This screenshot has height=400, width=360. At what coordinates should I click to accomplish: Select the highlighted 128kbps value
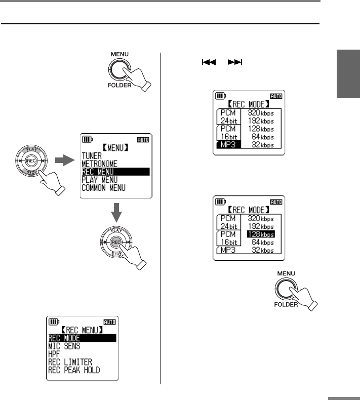260,234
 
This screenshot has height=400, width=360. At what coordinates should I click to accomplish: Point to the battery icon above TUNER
87,139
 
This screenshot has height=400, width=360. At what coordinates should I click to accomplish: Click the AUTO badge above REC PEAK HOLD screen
109,322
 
